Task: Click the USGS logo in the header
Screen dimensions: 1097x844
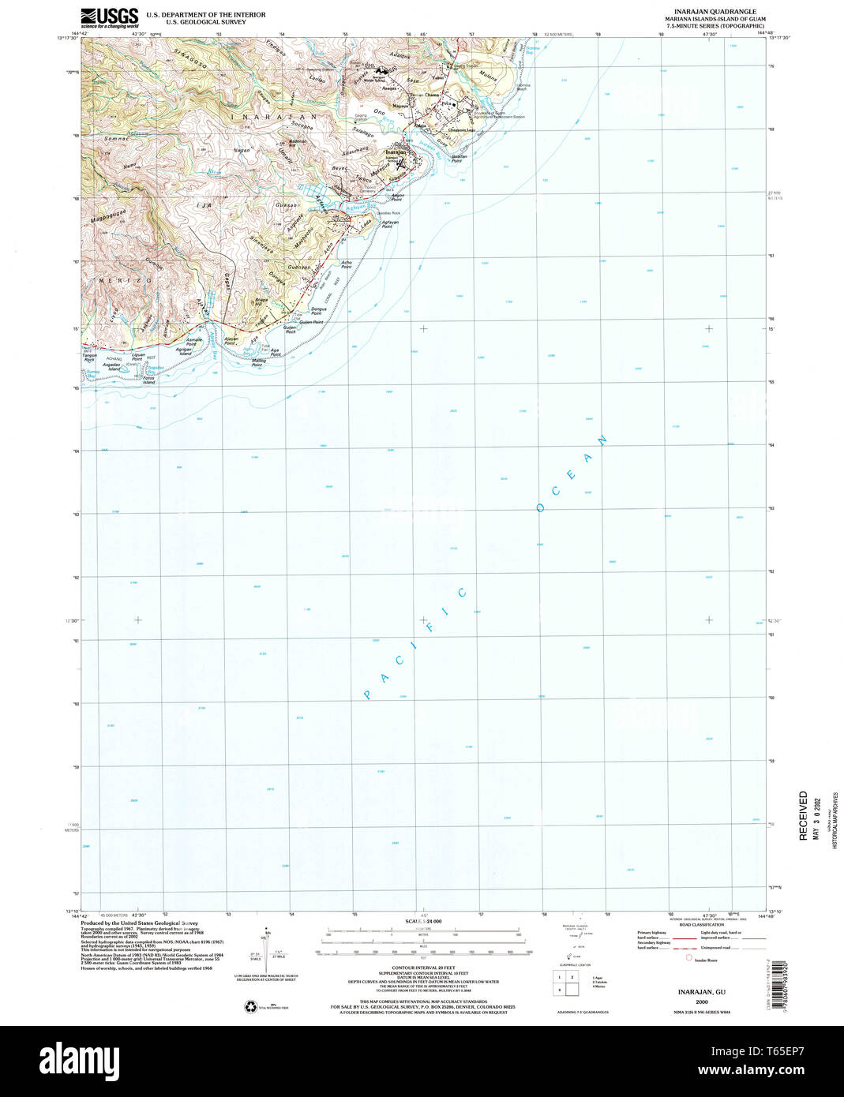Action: click(x=109, y=17)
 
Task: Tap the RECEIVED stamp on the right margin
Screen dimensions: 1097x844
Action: click(x=803, y=816)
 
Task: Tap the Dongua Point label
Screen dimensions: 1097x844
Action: click(x=318, y=310)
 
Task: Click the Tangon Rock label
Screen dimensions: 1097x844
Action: click(x=89, y=358)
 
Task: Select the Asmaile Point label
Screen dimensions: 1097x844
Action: click(x=194, y=342)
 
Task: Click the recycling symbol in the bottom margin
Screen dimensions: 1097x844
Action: click(x=251, y=1006)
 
